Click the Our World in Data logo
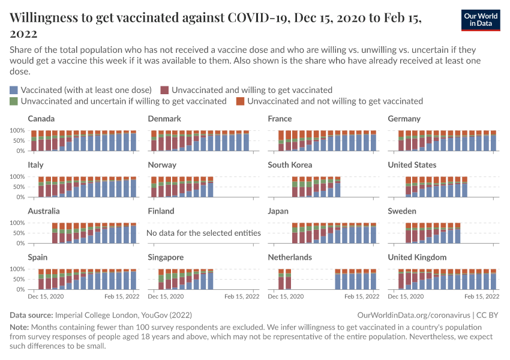click(481, 19)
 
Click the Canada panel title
click(41, 119)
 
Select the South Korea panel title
click(290, 165)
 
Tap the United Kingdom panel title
click(417, 257)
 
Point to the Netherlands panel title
click(290, 257)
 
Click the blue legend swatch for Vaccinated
click(14, 90)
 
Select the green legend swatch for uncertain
click(14, 101)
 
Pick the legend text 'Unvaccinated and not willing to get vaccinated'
click(335, 101)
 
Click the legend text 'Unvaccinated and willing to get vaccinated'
click(251, 90)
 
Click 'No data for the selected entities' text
click(203, 233)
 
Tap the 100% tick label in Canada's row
click(16, 130)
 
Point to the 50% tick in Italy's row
click(18, 187)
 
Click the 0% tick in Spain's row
click(20, 289)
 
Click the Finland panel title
click(161, 211)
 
